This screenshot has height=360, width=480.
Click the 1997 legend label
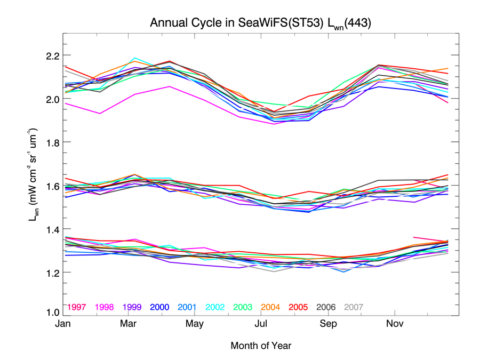[x=77, y=307]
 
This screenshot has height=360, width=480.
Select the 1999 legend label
[x=132, y=307]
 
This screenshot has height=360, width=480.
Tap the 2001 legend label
[x=187, y=307]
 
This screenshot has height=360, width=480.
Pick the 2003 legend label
[x=243, y=307]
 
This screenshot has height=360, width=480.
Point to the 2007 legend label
[x=354, y=307]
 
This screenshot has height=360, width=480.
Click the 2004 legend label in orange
[x=270, y=307]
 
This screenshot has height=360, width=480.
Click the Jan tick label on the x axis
[x=63, y=324]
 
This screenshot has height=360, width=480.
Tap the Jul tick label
[x=261, y=324]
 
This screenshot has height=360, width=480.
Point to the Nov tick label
[x=394, y=324]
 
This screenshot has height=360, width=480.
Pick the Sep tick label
[x=328, y=324]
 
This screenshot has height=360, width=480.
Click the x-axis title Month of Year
[x=261, y=346]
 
